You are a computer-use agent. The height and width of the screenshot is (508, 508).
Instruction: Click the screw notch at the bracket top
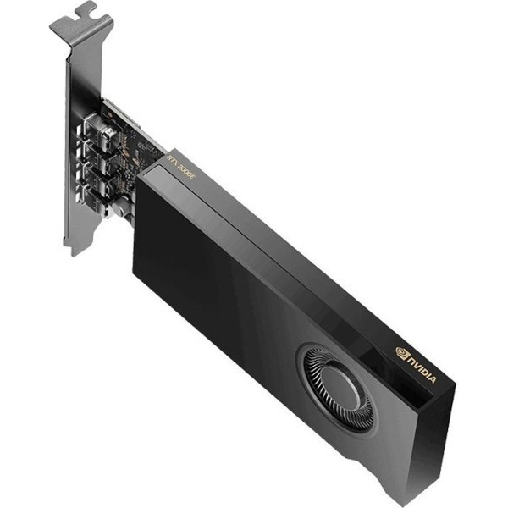(x=84, y=11)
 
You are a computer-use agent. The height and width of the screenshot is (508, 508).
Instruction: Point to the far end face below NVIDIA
(x=432, y=440)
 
